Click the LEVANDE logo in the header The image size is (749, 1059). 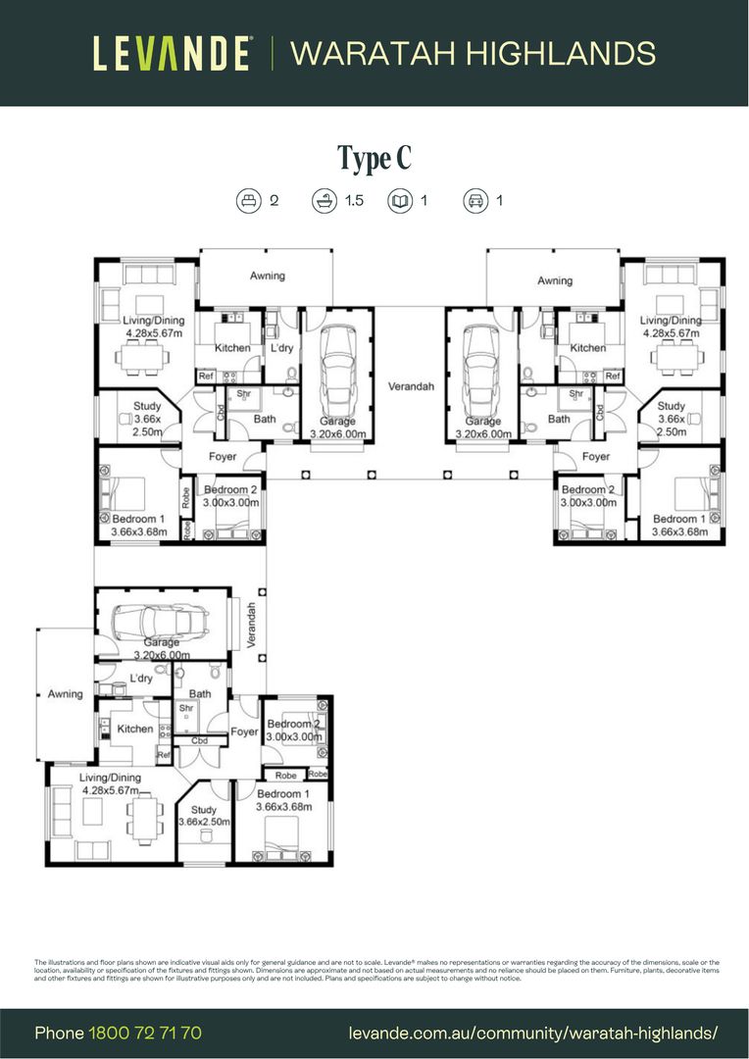(173, 53)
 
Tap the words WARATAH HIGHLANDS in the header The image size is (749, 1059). (473, 53)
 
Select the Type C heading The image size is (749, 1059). (374, 157)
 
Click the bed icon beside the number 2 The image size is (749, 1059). (249, 201)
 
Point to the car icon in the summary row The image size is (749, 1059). (475, 201)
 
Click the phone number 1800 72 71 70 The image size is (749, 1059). (145, 1033)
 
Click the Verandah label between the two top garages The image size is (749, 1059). (410, 386)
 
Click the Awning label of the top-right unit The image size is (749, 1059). (555, 281)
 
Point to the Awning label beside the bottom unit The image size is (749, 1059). (66, 694)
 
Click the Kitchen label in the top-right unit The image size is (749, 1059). (588, 348)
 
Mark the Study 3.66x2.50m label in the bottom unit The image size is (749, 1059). (204, 816)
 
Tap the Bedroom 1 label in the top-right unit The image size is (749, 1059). (678, 519)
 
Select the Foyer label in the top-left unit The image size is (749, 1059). (222, 457)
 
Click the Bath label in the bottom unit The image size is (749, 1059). (200, 693)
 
